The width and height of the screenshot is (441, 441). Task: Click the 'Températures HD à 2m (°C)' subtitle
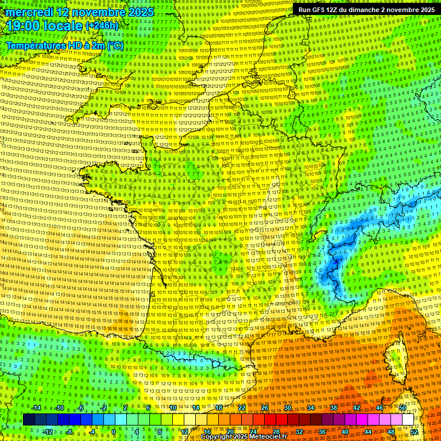pyautogui.click(x=64, y=45)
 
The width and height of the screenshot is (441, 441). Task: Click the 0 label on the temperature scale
pyautogui.click(x=113, y=432)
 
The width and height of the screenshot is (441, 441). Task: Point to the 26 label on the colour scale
pyautogui.click(x=265, y=408)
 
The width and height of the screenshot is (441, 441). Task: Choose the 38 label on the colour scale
pyautogui.click(x=333, y=408)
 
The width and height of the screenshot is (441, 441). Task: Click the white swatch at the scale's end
pyautogui.click(x=408, y=420)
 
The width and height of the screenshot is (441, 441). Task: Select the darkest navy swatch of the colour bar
pyautogui.click(x=29, y=420)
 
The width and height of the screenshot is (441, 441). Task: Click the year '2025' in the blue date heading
pyautogui.click(x=140, y=11)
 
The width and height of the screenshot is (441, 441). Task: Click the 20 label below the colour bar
pyautogui.click(x=230, y=432)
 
